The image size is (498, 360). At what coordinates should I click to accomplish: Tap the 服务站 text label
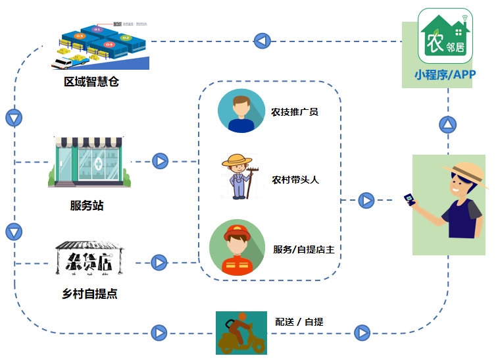coord(87,205)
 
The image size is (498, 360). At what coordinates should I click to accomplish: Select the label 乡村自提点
coord(89,294)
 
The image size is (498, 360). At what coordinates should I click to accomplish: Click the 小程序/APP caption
coord(445,74)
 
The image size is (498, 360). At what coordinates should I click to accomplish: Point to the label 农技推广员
coord(294,112)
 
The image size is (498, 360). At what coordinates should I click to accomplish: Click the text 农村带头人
coord(295,179)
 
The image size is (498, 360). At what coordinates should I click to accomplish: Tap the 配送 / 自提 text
coord(299,322)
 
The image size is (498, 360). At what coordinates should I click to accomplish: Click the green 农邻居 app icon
coord(445,36)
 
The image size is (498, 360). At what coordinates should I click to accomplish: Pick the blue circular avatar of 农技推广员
coord(241,111)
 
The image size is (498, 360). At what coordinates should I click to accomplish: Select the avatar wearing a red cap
coord(237,247)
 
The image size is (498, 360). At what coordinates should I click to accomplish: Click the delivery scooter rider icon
coord(241,332)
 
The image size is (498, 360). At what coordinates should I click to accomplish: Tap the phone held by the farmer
coord(410,199)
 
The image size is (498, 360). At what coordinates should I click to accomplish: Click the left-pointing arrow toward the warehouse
coord(262,41)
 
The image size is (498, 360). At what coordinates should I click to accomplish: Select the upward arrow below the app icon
coord(448,124)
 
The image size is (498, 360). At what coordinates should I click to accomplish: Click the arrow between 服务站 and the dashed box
coord(161,161)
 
